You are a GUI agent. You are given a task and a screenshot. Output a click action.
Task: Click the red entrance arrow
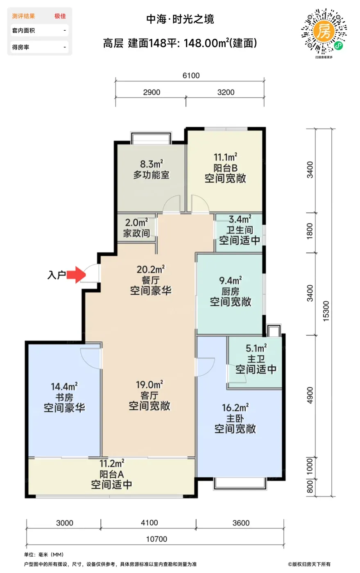(76, 275)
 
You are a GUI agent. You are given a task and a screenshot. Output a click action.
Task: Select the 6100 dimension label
(191, 75)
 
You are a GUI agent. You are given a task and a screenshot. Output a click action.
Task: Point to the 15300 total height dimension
(326, 311)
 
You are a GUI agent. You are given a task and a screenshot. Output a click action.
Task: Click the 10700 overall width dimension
(156, 539)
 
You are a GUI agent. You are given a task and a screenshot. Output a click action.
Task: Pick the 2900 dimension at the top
(152, 92)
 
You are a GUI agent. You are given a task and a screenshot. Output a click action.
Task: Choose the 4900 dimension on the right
(310, 395)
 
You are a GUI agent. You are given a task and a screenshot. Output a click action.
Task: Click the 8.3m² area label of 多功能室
(152, 164)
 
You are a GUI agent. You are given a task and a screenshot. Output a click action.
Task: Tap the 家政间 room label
(136, 233)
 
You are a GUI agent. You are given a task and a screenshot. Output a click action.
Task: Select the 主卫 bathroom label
(256, 359)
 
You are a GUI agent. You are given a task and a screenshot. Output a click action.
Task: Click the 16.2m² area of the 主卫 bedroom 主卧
(235, 408)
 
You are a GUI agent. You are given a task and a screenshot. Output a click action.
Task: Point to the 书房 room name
(64, 397)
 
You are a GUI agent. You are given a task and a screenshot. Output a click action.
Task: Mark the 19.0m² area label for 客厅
(149, 384)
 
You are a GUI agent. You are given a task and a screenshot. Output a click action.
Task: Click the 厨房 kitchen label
(231, 291)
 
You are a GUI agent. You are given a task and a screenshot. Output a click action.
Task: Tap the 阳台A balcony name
(112, 474)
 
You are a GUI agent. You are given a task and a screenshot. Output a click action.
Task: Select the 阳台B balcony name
(225, 168)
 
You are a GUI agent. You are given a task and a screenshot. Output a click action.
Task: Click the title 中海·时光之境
(180, 19)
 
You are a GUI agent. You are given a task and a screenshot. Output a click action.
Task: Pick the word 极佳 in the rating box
(60, 16)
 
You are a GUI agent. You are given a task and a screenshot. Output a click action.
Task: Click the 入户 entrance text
(57, 275)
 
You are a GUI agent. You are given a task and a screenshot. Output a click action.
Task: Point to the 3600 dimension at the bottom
(241, 523)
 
